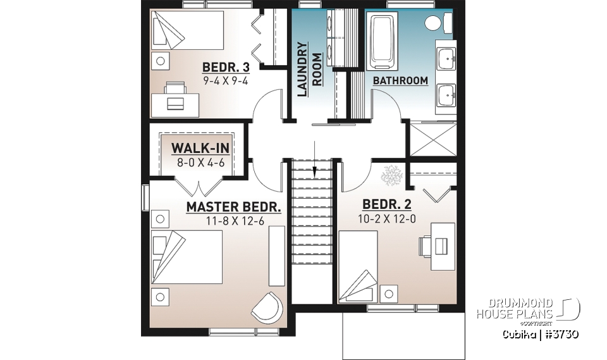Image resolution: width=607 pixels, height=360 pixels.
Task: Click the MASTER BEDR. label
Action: (x=233, y=208)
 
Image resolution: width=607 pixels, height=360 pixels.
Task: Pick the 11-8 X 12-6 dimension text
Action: (x=233, y=221)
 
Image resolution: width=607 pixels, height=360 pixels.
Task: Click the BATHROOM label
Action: (x=400, y=81)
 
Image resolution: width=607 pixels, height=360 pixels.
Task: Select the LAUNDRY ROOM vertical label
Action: (x=309, y=69)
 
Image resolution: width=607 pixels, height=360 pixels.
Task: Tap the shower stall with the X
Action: (x=431, y=139)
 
